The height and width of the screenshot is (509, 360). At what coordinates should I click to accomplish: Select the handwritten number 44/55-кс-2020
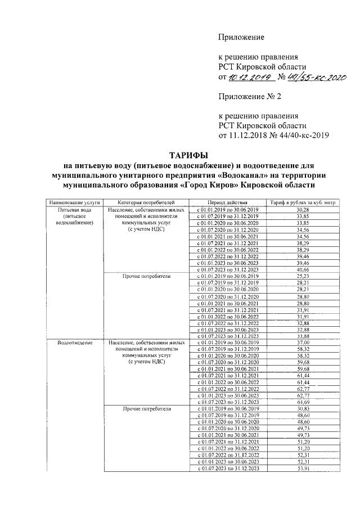(309, 77)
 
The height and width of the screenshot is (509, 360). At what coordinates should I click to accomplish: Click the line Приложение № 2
(250, 96)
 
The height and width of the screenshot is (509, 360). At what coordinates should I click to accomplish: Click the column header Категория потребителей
(145, 201)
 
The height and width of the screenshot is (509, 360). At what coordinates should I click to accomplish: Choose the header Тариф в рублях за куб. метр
(302, 201)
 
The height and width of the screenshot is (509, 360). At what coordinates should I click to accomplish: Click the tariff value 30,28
(303, 209)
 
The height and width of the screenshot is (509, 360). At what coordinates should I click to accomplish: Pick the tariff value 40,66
(303, 269)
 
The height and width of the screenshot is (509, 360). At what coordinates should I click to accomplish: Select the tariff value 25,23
(303, 276)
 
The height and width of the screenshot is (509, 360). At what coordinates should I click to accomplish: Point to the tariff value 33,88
(303, 336)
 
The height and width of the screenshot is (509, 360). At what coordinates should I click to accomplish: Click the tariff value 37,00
(303, 343)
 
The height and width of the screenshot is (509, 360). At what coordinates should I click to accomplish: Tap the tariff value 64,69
(303, 403)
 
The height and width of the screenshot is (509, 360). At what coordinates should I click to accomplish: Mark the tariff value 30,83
(303, 409)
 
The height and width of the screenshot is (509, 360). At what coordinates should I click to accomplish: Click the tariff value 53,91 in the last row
(303, 469)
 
